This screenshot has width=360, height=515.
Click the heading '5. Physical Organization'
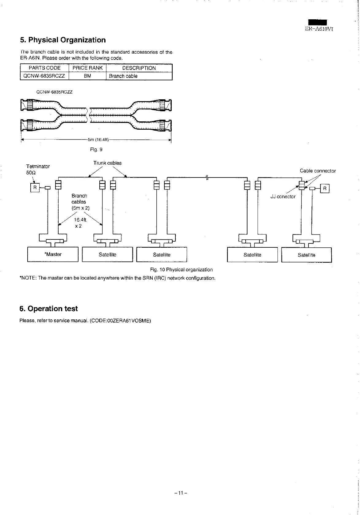pos(63,40)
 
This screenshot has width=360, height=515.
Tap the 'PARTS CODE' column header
pos(44,68)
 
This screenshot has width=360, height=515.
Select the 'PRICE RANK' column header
pos(87,68)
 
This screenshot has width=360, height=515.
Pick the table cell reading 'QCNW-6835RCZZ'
pos(44,76)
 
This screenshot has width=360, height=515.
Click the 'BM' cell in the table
pos(87,76)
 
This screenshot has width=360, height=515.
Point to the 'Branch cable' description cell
pos(123,76)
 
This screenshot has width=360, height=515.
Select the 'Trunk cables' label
pos(107,163)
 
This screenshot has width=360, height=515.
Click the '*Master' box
pos(53,254)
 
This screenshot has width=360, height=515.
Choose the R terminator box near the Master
pos(35,188)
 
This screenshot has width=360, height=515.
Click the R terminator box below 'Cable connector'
pos(324,188)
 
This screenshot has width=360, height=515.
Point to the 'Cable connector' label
pos(318,171)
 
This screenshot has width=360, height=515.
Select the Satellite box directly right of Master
pos(107,255)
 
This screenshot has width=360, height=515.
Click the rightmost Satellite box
pos(306,255)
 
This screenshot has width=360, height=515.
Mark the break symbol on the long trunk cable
pos(207,177)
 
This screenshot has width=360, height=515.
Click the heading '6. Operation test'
pos(48,309)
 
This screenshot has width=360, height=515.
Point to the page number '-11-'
pos(181,493)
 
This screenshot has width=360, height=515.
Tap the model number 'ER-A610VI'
pos(319,29)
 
